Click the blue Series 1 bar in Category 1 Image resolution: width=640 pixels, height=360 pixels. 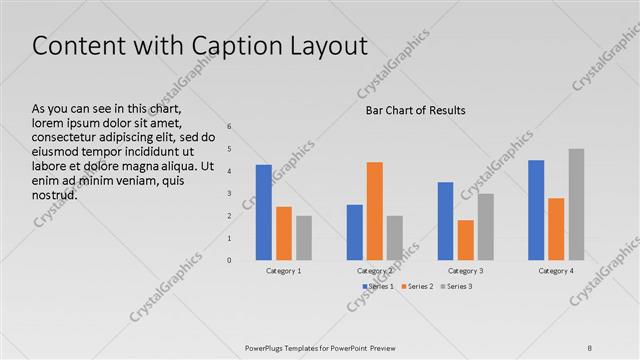[264, 212]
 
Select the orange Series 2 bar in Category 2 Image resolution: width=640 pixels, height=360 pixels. [374, 211]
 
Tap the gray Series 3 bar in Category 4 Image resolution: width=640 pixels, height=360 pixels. [576, 205]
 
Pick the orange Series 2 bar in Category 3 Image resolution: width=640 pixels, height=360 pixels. [465, 240]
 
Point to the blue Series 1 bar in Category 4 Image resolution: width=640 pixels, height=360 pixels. [536, 210]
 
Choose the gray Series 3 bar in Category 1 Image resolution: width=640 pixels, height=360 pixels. [304, 238]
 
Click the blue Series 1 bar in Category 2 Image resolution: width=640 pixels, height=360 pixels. [355, 232]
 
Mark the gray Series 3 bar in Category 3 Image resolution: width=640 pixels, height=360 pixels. [485, 227]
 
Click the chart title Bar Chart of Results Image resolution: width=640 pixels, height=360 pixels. [415, 110]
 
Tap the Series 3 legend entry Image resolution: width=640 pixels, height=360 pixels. [457, 287]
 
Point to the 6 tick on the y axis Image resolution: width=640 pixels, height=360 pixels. [229, 127]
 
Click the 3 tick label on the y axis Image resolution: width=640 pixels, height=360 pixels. [229, 194]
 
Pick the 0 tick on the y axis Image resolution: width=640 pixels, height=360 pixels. [229, 261]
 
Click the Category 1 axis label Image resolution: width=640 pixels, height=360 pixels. [284, 271]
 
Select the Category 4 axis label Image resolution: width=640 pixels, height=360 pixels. [556, 271]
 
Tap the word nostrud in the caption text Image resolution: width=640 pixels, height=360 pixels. [55, 195]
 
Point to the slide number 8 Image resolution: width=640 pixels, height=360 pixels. [590, 347]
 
